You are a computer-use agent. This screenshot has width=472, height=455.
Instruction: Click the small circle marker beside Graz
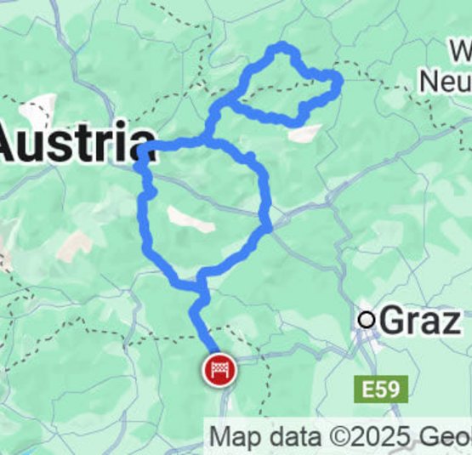[x=367, y=320]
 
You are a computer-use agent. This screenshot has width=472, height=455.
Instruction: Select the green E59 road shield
[x=379, y=390]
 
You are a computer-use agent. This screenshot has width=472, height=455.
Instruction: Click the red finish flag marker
[x=219, y=371]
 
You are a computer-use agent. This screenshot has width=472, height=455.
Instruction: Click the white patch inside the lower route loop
[x=192, y=219]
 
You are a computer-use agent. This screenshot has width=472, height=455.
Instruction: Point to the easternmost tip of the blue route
[x=339, y=81]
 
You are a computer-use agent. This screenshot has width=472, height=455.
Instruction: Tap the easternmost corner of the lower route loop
[x=269, y=225]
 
